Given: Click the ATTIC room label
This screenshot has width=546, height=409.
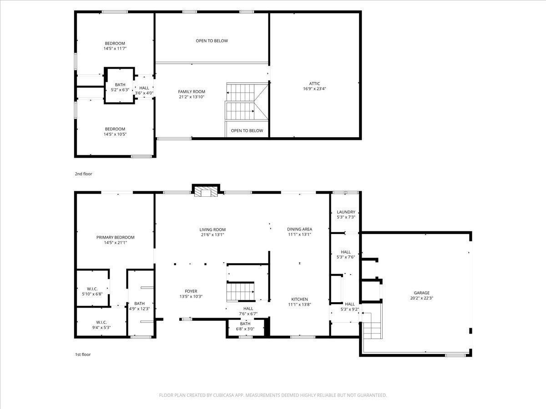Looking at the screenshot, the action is point(314,84).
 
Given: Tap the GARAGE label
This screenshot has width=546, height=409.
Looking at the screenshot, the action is point(422,293).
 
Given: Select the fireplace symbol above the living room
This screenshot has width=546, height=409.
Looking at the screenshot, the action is point(206,191).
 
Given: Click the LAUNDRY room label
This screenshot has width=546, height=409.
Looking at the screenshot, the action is point(346,212).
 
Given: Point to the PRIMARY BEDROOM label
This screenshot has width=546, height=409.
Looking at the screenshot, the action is point(116,237).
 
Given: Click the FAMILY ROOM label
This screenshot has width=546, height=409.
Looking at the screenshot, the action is point(192,92).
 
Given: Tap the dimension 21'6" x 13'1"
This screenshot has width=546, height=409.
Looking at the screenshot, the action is point(212,234).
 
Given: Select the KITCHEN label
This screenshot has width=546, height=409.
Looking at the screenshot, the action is point(299,299).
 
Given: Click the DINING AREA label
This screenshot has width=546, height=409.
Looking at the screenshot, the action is point(299,229).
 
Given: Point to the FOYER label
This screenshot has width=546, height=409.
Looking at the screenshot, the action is point(191,291).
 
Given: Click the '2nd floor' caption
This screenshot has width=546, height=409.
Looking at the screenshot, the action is point(84,174).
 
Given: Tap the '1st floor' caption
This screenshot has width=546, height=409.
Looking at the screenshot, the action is point(83,354).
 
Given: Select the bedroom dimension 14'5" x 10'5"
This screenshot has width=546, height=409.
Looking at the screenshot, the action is point(115,135).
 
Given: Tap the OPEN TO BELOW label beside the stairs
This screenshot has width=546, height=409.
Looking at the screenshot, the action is point(247,130).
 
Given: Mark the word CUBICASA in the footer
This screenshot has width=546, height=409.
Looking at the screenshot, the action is point(223,395).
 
